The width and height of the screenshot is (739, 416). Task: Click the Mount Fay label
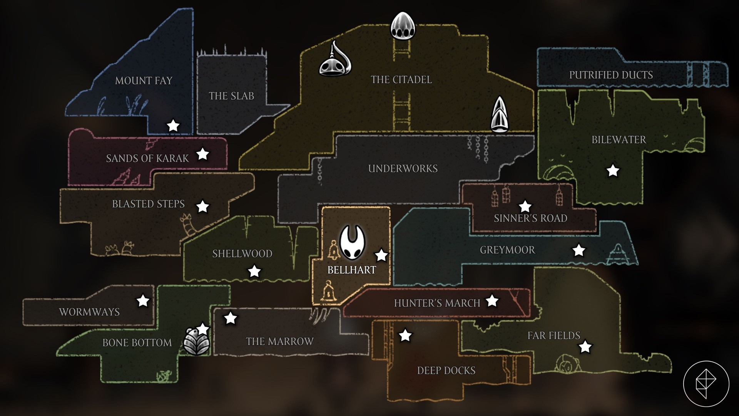[x=144, y=81]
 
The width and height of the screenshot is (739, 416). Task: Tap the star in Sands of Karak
[x=203, y=154]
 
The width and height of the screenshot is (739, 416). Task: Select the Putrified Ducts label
[x=611, y=75]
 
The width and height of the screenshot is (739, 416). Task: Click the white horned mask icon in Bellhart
[x=352, y=243]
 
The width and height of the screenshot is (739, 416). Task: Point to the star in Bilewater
[x=613, y=170]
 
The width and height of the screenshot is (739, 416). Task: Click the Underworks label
[x=403, y=168]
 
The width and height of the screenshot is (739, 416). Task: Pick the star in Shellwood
[x=254, y=271]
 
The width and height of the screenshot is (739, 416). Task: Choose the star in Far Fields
[x=585, y=347]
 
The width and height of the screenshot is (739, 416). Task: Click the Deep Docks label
[x=446, y=371]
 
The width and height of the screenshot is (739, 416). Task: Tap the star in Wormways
[x=143, y=300]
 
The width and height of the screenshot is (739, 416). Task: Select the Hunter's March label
[x=437, y=303]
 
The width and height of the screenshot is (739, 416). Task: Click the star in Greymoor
[x=578, y=250]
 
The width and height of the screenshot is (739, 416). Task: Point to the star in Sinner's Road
[x=525, y=206]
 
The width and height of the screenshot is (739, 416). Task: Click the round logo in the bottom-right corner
[x=706, y=384]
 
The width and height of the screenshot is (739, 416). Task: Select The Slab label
[x=231, y=96]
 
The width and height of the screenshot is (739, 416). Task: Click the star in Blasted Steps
[x=203, y=207]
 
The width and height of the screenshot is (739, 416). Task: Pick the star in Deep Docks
[x=405, y=335]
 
